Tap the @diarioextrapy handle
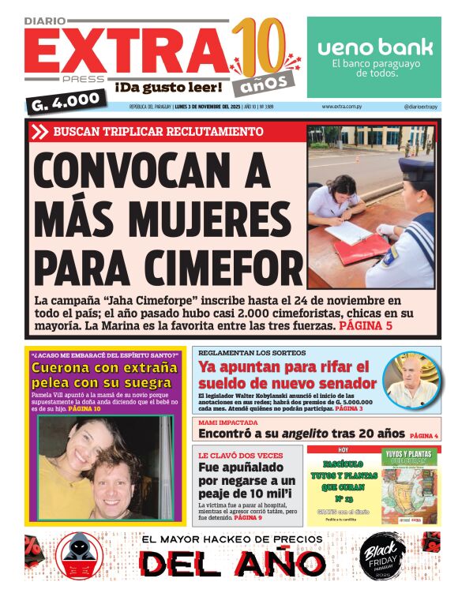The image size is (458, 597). point(422,107)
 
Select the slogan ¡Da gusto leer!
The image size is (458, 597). point(167,85)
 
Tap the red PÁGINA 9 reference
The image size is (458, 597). point(249,517)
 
